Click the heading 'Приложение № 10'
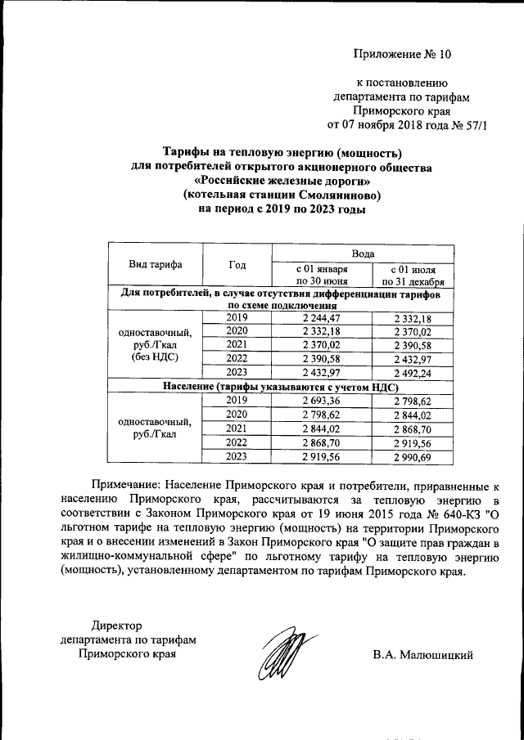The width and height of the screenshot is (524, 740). coord(402,55)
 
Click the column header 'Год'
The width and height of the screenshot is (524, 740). coord(237,264)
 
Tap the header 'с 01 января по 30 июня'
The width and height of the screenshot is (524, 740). coord(322,274)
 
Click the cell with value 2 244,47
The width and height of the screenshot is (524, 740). coord(322,317)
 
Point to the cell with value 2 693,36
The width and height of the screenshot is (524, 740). coord(322,400)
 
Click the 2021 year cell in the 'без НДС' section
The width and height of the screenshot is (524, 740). coord(237,345)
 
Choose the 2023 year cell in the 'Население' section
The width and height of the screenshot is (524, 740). coord(237,455)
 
